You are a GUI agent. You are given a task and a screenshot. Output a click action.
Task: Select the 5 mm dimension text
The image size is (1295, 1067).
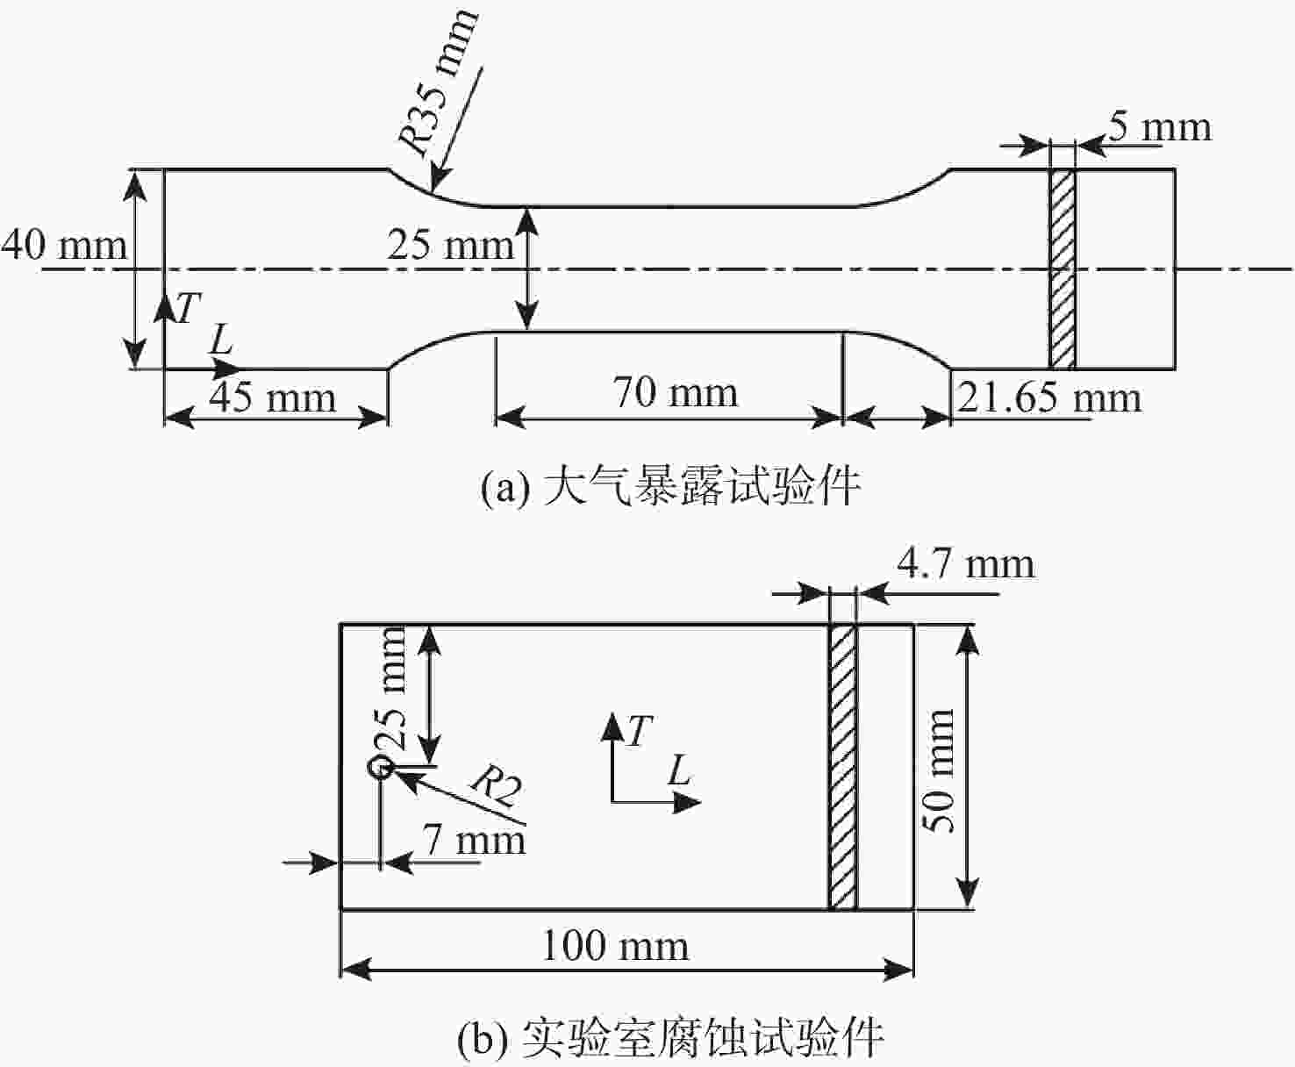point(1158,128)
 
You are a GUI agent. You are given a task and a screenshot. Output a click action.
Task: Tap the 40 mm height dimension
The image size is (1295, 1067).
point(64,245)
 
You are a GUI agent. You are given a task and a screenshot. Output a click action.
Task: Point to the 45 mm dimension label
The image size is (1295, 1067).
point(272,397)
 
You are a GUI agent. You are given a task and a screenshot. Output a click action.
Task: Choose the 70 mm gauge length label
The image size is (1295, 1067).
point(676,392)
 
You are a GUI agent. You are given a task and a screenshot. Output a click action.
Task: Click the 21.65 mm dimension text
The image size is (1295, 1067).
point(1049,397)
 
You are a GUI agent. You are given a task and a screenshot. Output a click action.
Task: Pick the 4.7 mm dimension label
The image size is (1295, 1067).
point(966,564)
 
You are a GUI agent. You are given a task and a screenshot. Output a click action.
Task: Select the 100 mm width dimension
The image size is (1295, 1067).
point(615,947)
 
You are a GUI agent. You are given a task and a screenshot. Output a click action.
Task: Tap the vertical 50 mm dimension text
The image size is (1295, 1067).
point(938,770)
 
